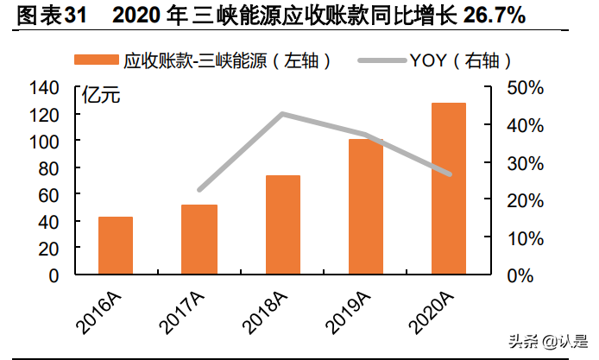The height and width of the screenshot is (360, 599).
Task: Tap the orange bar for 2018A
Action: (x=282, y=225)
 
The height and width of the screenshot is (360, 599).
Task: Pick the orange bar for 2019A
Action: (x=365, y=207)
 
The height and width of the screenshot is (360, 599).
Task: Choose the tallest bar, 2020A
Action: (x=449, y=189)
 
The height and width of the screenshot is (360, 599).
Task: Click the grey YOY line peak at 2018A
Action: (x=282, y=114)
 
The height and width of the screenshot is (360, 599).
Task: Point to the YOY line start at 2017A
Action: (x=199, y=190)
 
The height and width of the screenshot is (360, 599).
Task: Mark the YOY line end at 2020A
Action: (x=449, y=174)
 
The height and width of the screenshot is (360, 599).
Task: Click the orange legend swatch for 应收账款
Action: (x=96, y=60)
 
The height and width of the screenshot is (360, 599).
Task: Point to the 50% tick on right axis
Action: (x=524, y=88)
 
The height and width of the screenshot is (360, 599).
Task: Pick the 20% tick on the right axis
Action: (x=524, y=200)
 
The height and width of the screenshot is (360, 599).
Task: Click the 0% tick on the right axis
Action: (x=519, y=275)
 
